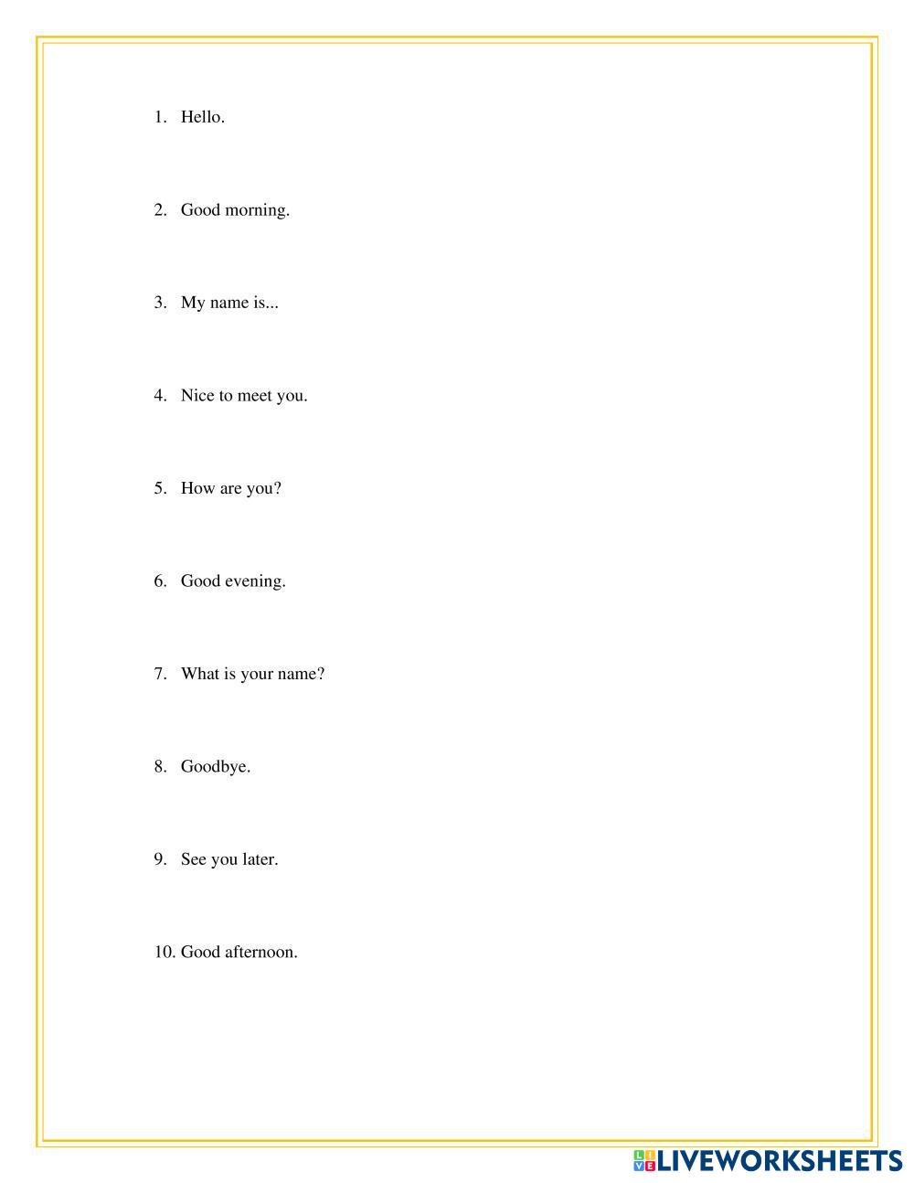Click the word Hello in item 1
click(200, 117)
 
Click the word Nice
click(197, 396)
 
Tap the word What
click(199, 674)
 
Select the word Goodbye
click(214, 767)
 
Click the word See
click(194, 859)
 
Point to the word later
click(259, 859)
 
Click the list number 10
click(164, 952)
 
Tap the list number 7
click(160, 674)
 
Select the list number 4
click(160, 396)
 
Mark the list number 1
click(160, 117)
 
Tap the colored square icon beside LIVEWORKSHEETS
click(644, 1161)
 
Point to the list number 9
click(160, 859)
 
